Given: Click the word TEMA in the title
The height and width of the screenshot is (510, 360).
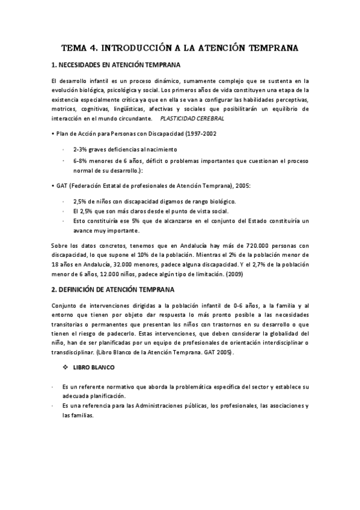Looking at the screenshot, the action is click(x=77, y=47).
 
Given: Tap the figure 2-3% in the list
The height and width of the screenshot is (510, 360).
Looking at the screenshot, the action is click(x=81, y=149).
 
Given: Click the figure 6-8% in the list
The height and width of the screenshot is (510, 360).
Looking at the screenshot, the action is click(x=81, y=162).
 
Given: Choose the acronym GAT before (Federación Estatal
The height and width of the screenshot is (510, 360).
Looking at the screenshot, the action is click(x=62, y=186).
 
